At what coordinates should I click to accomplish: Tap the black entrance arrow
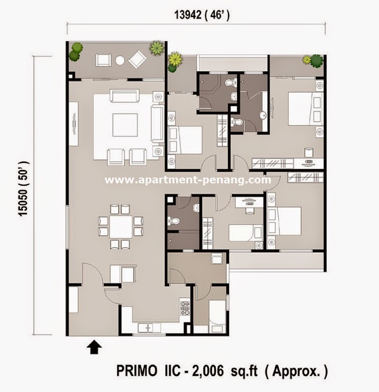pyautogui.click(x=95, y=346)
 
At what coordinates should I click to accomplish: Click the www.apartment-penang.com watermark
pyautogui.click(x=188, y=180)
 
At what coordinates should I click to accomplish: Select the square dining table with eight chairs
pyautogui.click(x=122, y=227)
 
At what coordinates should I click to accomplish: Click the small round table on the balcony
pyautogui.click(x=120, y=60)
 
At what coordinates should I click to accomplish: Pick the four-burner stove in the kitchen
pyautogui.click(x=185, y=307)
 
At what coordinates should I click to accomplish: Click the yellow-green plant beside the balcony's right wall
pyautogui.click(x=157, y=48)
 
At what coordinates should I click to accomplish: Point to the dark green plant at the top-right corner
pyautogui.click(x=316, y=61)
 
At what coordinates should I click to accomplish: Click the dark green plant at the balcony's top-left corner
pyautogui.click(x=76, y=50)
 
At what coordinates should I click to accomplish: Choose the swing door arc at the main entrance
pyautogui.click(x=95, y=274)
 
